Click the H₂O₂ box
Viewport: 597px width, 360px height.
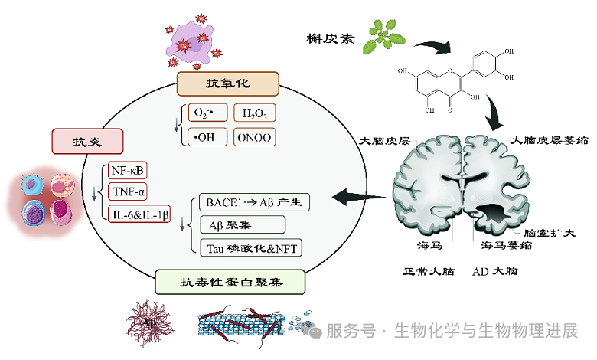254,114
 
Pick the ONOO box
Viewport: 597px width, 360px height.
254,138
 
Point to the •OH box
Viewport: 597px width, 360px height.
205,138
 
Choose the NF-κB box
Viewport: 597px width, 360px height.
127,169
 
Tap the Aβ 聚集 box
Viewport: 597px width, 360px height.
242,225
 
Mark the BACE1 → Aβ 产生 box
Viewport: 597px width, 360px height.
255,203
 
